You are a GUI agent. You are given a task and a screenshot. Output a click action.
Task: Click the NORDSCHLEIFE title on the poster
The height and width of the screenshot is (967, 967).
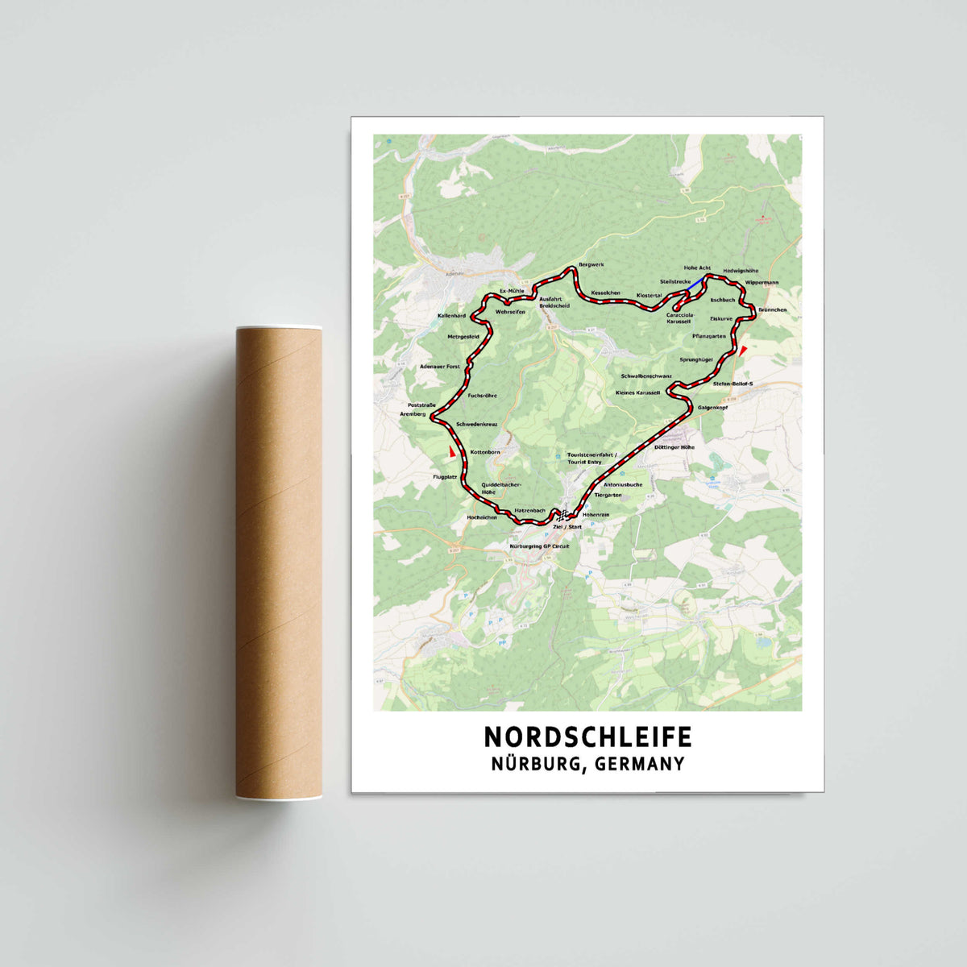pyautogui.click(x=587, y=737)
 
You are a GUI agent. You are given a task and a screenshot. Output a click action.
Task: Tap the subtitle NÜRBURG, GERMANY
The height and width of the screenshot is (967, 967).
pyautogui.click(x=587, y=763)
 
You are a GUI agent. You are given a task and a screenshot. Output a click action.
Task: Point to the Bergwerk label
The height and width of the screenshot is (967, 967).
pyautogui.click(x=591, y=264)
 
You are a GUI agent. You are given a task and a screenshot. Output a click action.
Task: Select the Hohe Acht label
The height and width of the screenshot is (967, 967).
pyautogui.click(x=697, y=267)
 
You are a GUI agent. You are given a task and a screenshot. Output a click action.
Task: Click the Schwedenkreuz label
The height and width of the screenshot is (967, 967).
pyautogui.click(x=477, y=424)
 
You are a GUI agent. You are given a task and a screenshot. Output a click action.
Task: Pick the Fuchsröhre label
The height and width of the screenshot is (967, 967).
pyautogui.click(x=483, y=396)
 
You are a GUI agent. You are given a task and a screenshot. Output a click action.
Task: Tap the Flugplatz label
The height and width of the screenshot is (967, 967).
pyautogui.click(x=445, y=477)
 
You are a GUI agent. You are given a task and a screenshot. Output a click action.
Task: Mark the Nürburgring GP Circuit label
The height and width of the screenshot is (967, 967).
pyautogui.click(x=539, y=546)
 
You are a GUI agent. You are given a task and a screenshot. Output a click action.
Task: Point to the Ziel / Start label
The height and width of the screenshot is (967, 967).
pyautogui.click(x=567, y=526)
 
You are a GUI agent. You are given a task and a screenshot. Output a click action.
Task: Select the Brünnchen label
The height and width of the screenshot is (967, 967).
pyautogui.click(x=772, y=309)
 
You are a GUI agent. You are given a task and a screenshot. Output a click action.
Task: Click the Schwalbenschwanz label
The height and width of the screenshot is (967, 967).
pyautogui.click(x=646, y=376)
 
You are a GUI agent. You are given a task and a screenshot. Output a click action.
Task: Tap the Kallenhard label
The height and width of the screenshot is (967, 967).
pyautogui.click(x=452, y=315)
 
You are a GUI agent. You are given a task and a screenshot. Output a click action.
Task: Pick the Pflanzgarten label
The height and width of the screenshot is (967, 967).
pyautogui.click(x=709, y=335)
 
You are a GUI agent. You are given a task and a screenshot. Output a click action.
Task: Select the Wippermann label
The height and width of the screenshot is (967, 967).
pyautogui.click(x=762, y=283)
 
